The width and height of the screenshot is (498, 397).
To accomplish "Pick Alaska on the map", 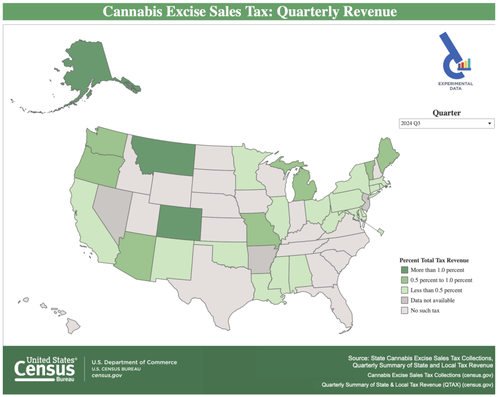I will coord(90,71).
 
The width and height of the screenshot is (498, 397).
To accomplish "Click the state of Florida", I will coord(340,304).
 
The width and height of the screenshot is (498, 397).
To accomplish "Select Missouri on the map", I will coord(260,231).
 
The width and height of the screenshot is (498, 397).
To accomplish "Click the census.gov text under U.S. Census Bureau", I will coord(107,376).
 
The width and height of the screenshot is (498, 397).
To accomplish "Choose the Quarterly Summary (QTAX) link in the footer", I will coord(408,384).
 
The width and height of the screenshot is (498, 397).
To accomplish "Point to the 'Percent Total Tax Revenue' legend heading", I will coord(434,260).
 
